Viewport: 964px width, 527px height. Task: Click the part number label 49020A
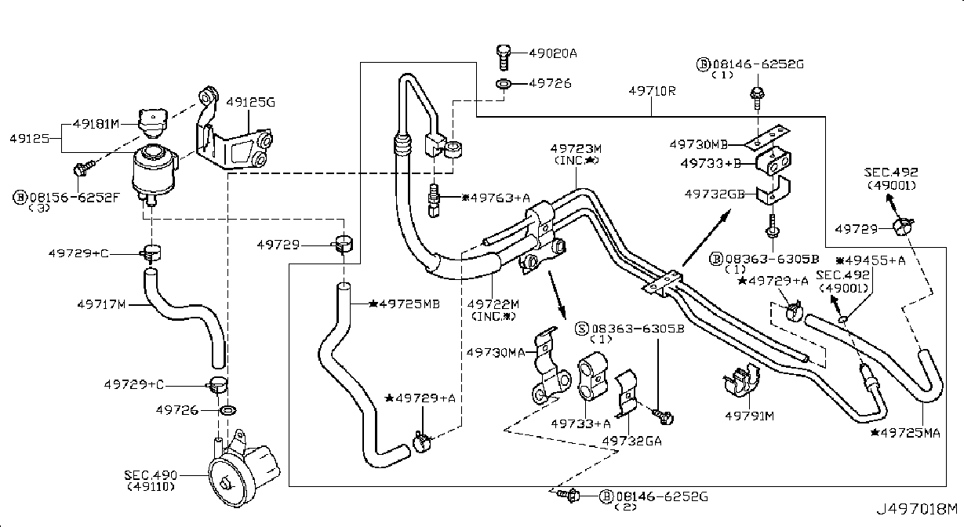pyautogui.click(x=553, y=53)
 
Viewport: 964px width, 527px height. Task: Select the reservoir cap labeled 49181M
pyautogui.click(x=152, y=122)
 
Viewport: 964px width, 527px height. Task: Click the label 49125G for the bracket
pyautogui.click(x=250, y=102)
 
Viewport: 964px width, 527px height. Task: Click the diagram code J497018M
pyautogui.click(x=917, y=509)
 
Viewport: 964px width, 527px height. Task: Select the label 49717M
pyautogui.click(x=101, y=304)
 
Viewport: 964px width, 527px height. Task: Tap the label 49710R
pyautogui.click(x=652, y=91)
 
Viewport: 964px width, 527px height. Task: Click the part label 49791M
pyautogui.click(x=750, y=416)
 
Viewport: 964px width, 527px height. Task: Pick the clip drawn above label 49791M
pyautogui.click(x=741, y=380)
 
